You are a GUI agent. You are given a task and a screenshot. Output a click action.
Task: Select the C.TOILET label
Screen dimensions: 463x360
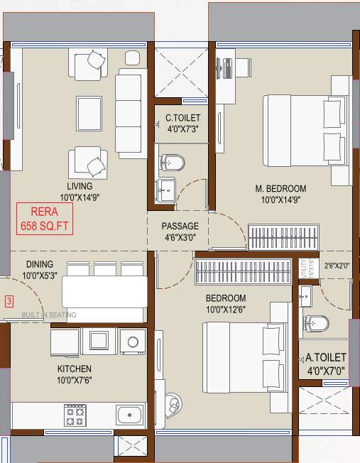click(183, 123)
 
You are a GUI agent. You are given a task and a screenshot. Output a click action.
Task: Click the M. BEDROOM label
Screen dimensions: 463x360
click(280, 194)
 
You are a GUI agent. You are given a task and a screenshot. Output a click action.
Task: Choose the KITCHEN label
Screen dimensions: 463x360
click(75, 375)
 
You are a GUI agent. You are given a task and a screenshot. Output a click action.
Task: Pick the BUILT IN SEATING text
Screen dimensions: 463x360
click(48, 315)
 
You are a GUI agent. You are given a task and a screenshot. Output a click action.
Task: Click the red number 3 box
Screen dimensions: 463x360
click(9, 301)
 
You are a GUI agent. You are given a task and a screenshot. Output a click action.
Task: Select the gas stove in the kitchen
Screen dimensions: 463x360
click(75, 414)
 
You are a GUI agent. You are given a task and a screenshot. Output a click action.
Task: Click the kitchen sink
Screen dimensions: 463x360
click(129, 415)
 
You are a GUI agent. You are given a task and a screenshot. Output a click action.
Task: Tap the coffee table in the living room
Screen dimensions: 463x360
click(88, 111)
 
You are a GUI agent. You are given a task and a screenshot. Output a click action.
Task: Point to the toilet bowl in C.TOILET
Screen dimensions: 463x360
click(172, 163)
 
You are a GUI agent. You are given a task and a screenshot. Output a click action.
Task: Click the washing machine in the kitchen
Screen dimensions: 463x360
click(132, 341)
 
